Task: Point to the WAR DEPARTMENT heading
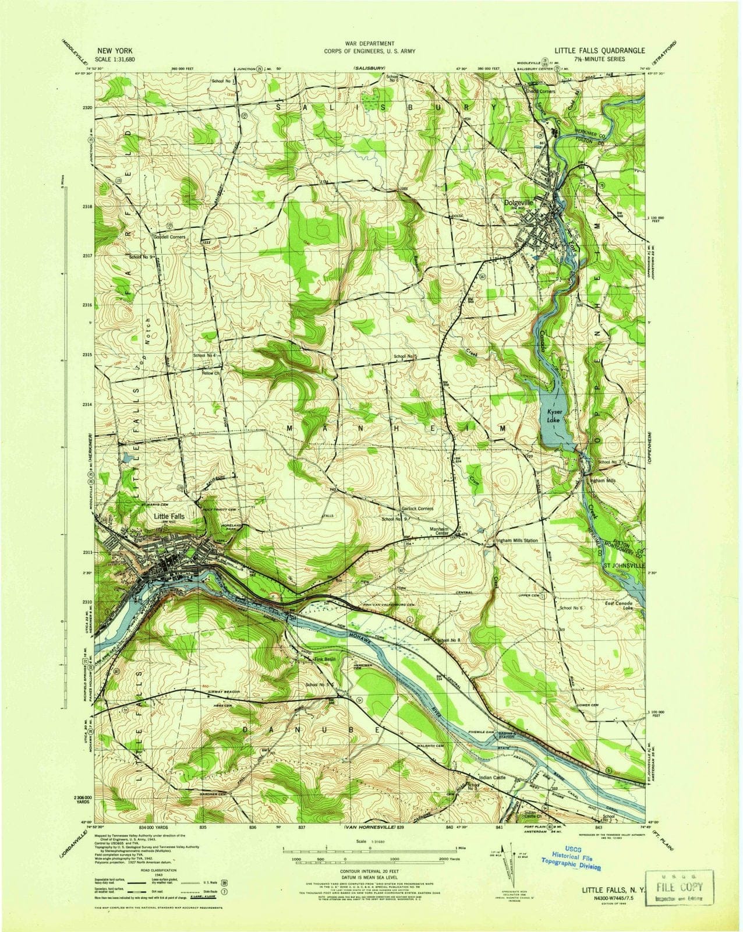[x=370, y=43]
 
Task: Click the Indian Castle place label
[x=495, y=778]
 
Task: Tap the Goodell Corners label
[x=169, y=237]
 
